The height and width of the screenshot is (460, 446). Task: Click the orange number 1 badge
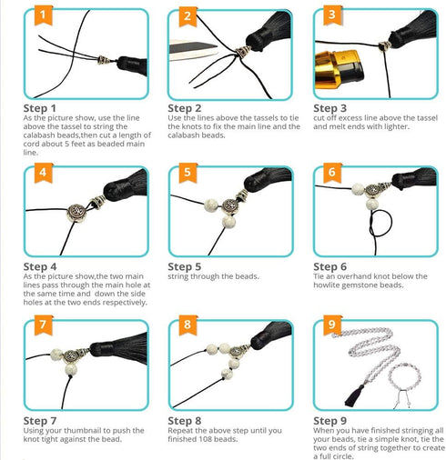coord(43,15)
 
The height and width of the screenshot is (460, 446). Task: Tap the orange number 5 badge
coord(188,173)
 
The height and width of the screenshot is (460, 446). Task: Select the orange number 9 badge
coord(332,325)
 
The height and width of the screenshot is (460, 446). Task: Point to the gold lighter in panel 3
coord(340,70)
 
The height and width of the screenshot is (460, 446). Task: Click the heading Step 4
coord(40,266)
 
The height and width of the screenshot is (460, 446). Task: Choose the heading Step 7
coord(40,421)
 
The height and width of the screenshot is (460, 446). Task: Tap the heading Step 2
coord(185,108)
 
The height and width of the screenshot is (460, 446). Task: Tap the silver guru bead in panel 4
coord(76,213)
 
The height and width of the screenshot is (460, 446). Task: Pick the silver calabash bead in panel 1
coord(104,60)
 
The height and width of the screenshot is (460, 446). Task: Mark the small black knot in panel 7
coord(71,376)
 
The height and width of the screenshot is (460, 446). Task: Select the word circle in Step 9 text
coord(343,456)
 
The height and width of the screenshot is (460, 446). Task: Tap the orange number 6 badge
coord(332,173)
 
